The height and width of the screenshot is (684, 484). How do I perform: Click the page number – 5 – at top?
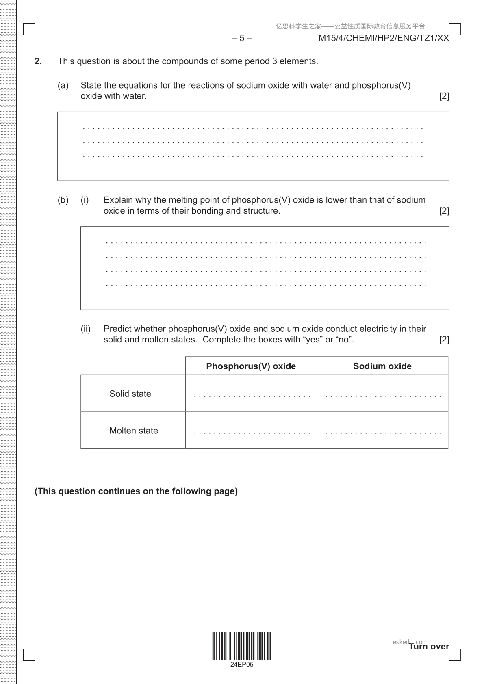[242, 38]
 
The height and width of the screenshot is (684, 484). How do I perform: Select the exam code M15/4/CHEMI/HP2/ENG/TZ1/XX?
[384, 38]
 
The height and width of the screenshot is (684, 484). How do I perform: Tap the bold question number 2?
[38, 61]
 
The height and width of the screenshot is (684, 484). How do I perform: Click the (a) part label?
[63, 85]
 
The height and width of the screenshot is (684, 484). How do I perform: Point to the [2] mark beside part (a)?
[444, 96]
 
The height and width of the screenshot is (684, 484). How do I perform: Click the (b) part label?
[63, 200]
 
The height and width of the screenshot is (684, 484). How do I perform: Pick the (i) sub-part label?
[85, 200]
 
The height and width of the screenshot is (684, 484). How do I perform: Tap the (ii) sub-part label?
[85, 329]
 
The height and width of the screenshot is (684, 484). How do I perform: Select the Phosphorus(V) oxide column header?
[251, 366]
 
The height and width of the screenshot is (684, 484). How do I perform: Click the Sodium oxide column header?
[382, 366]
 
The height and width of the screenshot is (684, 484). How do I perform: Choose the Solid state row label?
[130, 394]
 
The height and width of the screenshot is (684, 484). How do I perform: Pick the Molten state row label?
[134, 431]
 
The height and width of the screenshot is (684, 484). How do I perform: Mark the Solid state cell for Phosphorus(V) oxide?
[251, 394]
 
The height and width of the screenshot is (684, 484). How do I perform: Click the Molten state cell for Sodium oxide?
[382, 431]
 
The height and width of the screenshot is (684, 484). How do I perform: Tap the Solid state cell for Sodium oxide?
[382, 394]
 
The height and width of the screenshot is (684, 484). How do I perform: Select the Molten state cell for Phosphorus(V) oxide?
[251, 431]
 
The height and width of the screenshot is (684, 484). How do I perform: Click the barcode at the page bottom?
[242, 646]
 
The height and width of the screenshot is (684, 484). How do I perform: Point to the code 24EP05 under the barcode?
[242, 665]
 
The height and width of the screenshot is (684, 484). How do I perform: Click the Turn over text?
[429, 647]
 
